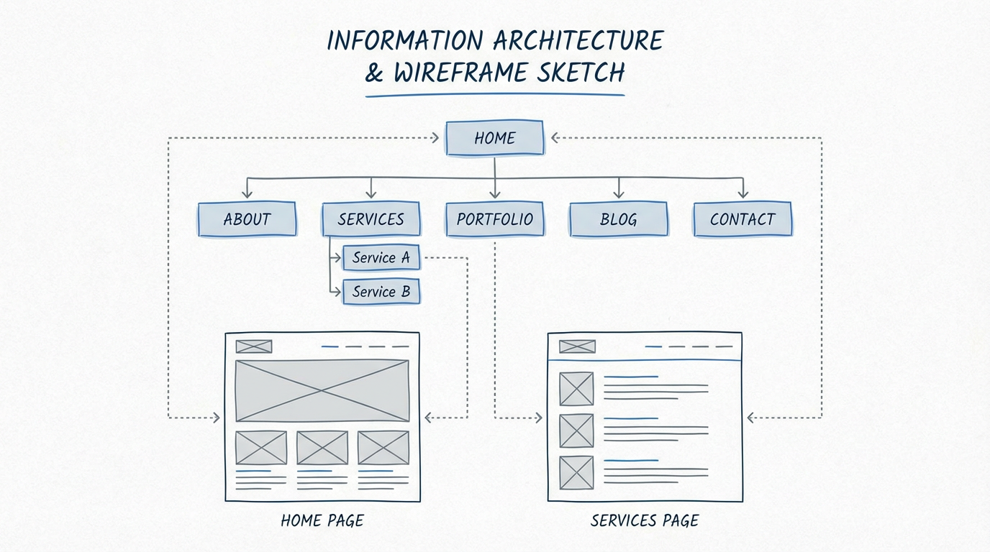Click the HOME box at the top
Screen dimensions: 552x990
(x=494, y=138)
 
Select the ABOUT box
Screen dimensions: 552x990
(x=247, y=219)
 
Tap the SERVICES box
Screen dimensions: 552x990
(x=371, y=219)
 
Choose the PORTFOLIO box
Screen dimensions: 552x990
(x=494, y=219)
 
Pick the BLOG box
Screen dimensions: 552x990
(x=618, y=219)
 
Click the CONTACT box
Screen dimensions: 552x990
(x=742, y=219)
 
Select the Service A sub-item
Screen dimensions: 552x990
(x=381, y=257)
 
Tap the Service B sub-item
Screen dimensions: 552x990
(x=381, y=292)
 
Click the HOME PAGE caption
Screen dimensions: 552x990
(x=322, y=520)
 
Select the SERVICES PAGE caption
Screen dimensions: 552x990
(x=644, y=520)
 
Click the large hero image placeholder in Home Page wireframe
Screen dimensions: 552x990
(x=322, y=390)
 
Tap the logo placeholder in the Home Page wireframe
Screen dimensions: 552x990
(x=254, y=346)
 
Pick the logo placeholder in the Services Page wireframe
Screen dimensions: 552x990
(x=577, y=346)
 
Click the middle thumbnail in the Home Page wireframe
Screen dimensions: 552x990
(x=322, y=448)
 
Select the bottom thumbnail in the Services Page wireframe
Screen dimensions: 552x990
(x=576, y=472)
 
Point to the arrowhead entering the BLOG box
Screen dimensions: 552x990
(x=618, y=194)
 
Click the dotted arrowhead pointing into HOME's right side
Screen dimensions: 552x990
(x=556, y=138)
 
